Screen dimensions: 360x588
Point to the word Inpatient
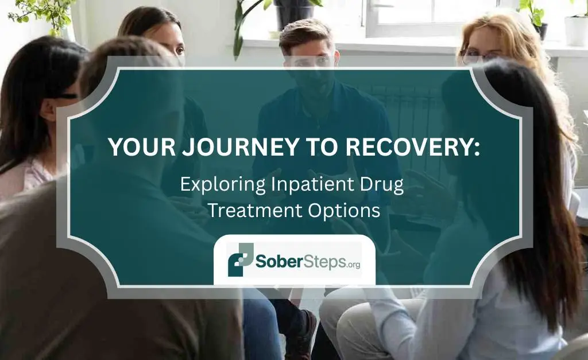pyautogui.click(x=300, y=185)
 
